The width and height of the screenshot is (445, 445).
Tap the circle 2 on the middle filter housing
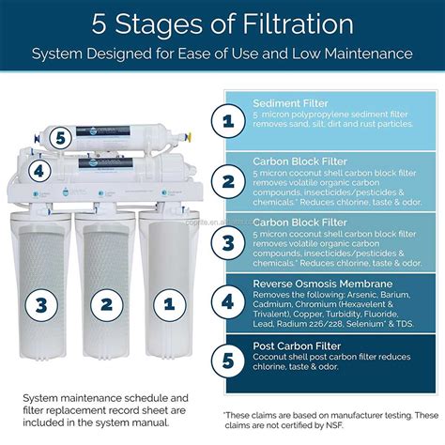point(107,303)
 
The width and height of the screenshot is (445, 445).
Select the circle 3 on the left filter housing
point(38,303)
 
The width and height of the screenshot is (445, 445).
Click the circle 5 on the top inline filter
point(60,137)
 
